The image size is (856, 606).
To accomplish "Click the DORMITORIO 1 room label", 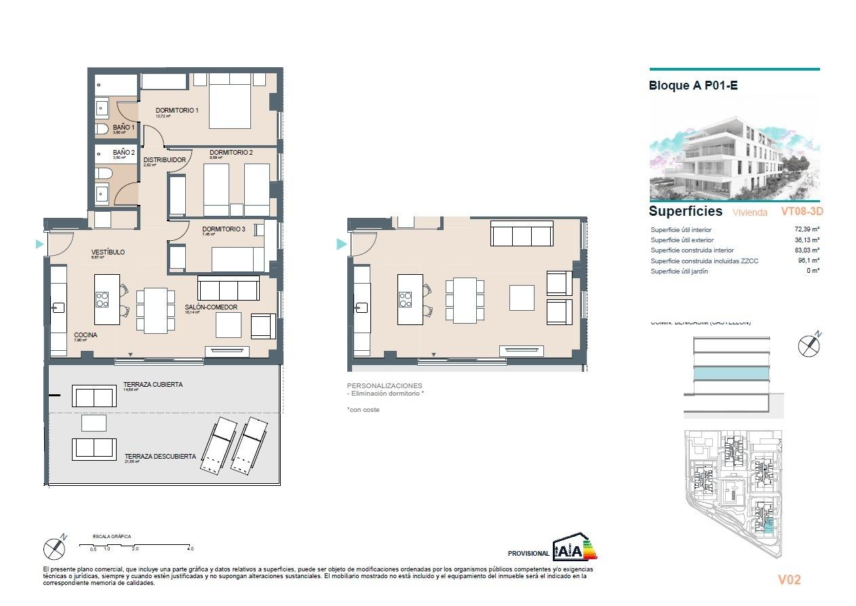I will tap(176, 111).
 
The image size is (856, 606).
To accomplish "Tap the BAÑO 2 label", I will tap(123, 153).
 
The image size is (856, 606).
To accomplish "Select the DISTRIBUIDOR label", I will tap(164, 160).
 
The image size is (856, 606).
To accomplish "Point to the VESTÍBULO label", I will tap(108, 252).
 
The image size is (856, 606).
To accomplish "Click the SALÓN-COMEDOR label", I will tap(211, 307).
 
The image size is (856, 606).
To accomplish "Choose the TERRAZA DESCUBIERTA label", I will tap(160, 457).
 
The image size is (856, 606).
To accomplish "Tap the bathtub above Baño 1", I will tap(116, 85).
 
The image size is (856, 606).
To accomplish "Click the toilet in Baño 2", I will tap(102, 174).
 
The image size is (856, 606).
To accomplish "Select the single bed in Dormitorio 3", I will tap(237, 259).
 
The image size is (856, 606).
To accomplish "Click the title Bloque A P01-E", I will tap(693, 86).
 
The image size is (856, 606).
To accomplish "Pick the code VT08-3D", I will tap(802, 212).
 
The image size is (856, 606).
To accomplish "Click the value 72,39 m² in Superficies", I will tap(806, 229).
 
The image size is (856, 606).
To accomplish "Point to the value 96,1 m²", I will tap(808, 261).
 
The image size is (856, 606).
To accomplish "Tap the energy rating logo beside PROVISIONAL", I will tap(575, 546).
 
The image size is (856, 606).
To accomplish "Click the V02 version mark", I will tap(789, 580).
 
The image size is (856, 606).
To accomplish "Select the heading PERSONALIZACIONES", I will tap(384, 385).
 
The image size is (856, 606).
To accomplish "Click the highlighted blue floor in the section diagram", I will tap(731, 373).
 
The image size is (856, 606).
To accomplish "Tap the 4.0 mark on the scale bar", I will tap(190, 548).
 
